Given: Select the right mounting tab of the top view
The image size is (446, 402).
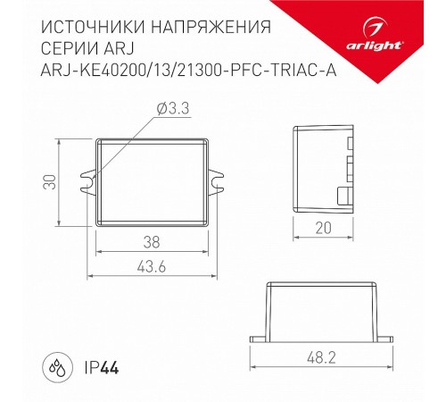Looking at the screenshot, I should [x=219, y=180].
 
